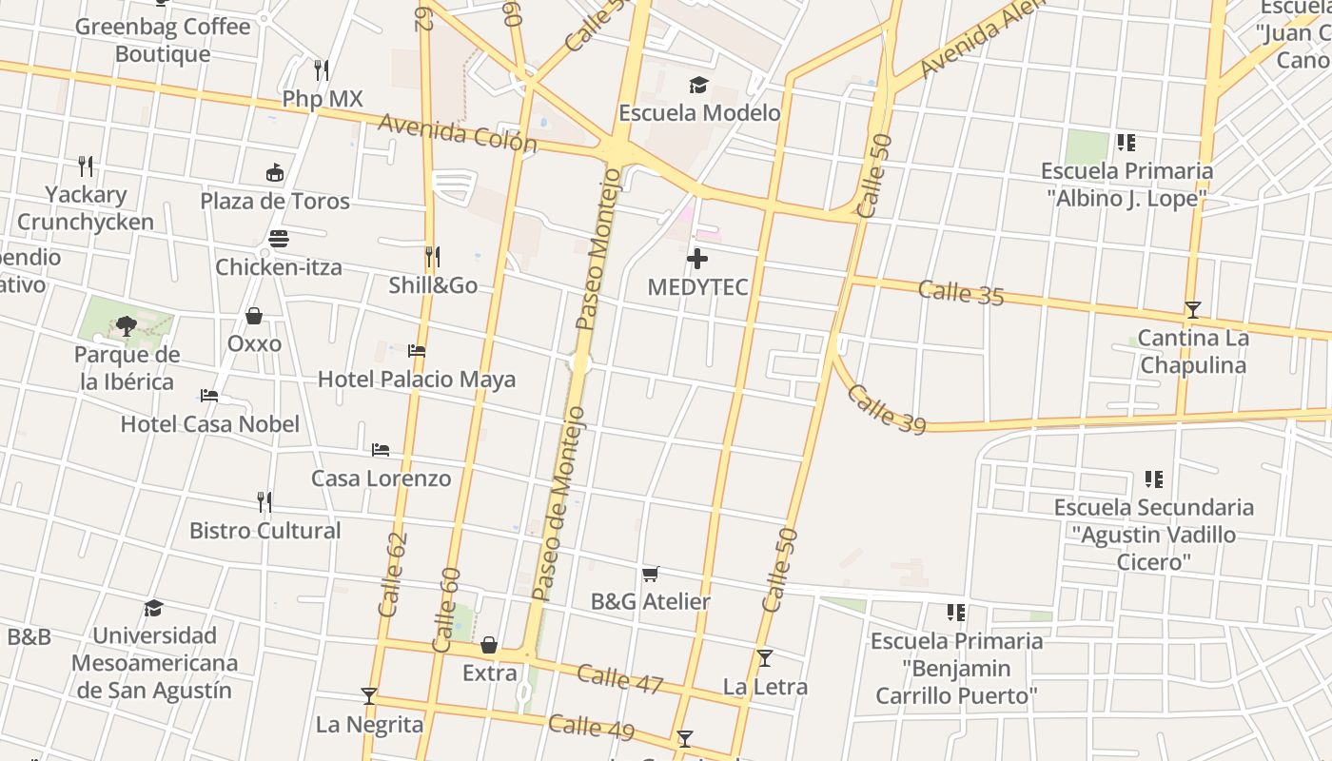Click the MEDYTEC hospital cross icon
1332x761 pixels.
(697, 259)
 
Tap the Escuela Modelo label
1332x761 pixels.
(699, 112)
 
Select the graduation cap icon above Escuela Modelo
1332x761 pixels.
(699, 86)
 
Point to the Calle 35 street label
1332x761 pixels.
(961, 292)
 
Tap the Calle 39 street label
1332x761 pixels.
(885, 409)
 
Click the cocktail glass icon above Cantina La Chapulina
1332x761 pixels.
(1192, 310)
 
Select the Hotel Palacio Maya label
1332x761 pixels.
(417, 379)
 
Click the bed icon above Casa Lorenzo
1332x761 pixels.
(381, 449)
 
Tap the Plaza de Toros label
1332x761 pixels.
(275, 201)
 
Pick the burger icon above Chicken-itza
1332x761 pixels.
(279, 238)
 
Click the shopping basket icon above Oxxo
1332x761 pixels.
(254, 315)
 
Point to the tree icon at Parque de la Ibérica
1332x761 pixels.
(126, 326)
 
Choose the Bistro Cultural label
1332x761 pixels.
(265, 530)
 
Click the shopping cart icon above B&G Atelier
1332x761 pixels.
(651, 574)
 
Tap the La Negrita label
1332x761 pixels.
(369, 724)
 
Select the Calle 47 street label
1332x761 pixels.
(619, 677)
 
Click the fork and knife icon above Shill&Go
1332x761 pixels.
(432, 257)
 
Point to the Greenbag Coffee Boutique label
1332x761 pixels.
(163, 40)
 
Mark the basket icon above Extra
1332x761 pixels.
(489, 645)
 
